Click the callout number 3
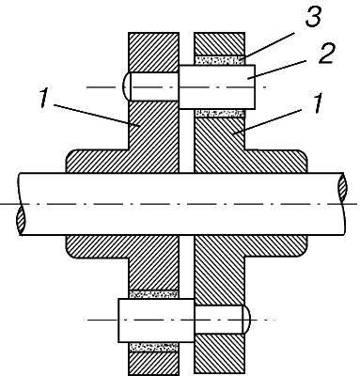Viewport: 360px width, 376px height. coord(313,16)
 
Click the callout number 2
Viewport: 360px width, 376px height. coord(325,54)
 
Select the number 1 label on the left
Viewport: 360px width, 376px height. coord(44,98)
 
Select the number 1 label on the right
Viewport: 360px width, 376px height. coord(318,103)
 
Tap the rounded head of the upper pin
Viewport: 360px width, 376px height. coord(126,86)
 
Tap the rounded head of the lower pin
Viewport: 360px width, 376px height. coord(246,320)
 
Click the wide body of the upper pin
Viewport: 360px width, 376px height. coord(217,86)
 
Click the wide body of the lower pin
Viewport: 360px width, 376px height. coord(156,320)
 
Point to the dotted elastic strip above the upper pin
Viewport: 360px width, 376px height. coord(219,60)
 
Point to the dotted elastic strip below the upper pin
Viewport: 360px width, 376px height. coord(219,113)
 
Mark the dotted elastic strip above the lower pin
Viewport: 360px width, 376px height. coord(154,294)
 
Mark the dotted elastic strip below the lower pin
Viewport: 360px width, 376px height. coord(154,347)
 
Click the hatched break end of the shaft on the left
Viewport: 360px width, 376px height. coord(21,220)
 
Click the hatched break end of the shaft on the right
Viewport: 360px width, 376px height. coord(342,188)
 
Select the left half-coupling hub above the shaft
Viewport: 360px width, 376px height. coord(122,161)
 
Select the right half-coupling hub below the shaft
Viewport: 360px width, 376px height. coord(251,246)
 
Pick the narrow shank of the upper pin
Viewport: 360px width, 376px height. coord(154,86)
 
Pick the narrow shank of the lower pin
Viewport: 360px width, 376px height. coord(218,320)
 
